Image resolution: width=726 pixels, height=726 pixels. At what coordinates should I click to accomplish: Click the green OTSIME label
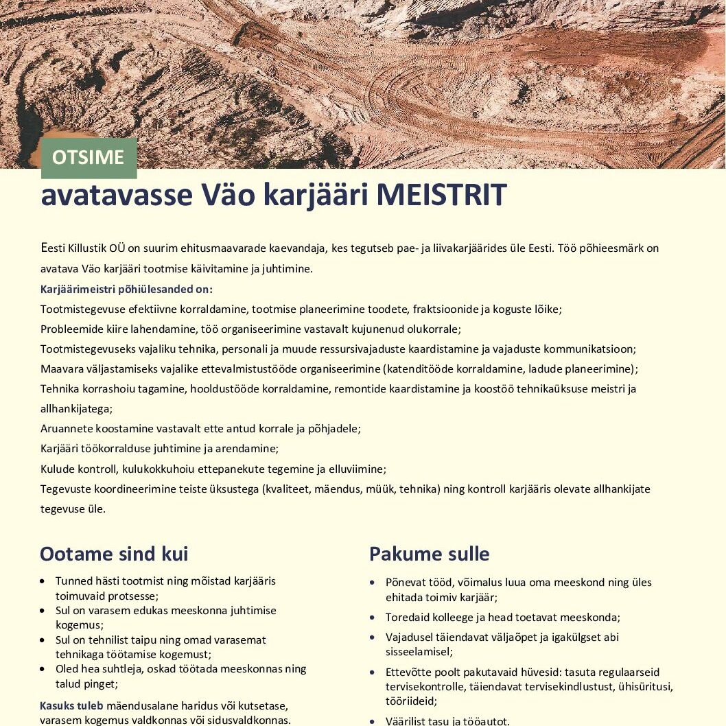tap(89, 157)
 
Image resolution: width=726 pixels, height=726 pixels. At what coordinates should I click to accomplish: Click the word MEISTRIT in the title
tap(441, 196)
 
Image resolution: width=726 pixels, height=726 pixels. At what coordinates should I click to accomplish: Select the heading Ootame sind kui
tap(114, 554)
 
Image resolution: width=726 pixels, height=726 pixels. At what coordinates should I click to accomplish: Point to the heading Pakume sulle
tap(430, 554)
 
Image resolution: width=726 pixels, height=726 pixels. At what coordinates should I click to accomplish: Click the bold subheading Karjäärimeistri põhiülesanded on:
tap(126, 289)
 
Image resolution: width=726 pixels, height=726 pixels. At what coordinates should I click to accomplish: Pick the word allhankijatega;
tap(76, 408)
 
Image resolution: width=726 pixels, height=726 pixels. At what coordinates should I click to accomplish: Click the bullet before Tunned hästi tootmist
tap(43, 581)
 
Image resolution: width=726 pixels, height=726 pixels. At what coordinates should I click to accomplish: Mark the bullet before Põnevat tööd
tap(372, 583)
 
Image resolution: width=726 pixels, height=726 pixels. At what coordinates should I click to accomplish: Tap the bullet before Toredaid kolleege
tap(372, 618)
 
